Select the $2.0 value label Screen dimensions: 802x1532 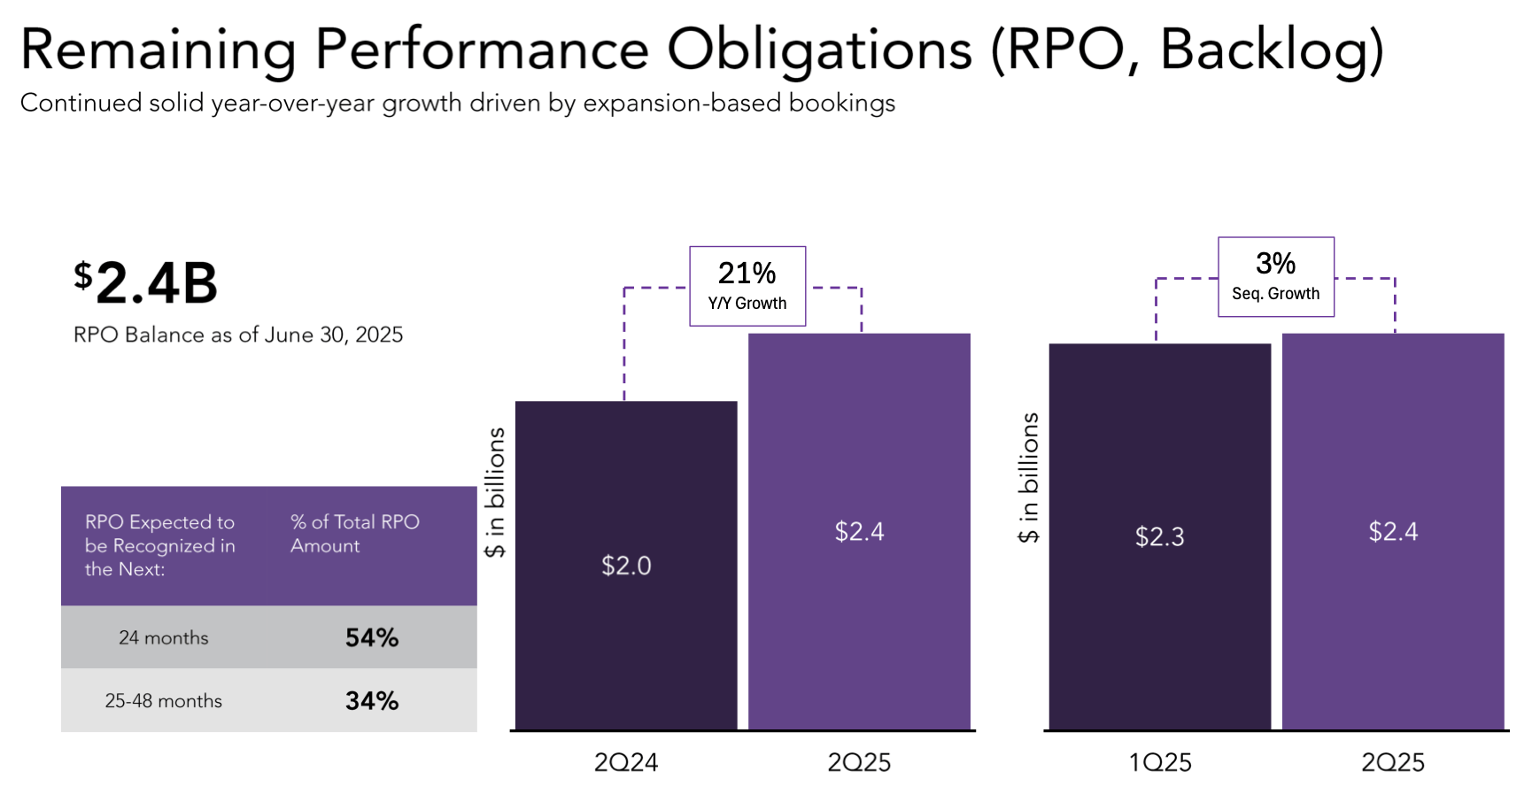(x=626, y=566)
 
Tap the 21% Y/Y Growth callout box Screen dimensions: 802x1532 (x=747, y=286)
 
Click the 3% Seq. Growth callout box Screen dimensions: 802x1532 (x=1275, y=276)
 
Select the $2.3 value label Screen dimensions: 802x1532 (x=1159, y=536)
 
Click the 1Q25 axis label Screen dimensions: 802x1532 (x=1159, y=762)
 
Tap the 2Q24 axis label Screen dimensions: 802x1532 (x=625, y=762)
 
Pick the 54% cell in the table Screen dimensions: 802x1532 (x=372, y=637)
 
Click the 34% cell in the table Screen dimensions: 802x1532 (x=372, y=701)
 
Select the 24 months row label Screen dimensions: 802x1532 (x=164, y=637)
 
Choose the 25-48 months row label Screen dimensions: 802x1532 (x=164, y=701)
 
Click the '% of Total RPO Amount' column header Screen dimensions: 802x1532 (x=354, y=534)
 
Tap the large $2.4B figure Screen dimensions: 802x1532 (x=146, y=283)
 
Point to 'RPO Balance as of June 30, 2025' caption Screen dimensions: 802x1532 (x=237, y=335)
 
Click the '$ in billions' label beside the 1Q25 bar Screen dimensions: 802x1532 (x=1028, y=478)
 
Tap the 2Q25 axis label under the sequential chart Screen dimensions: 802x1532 (x=1392, y=762)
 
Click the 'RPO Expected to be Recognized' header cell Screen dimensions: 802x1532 (x=160, y=545)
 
